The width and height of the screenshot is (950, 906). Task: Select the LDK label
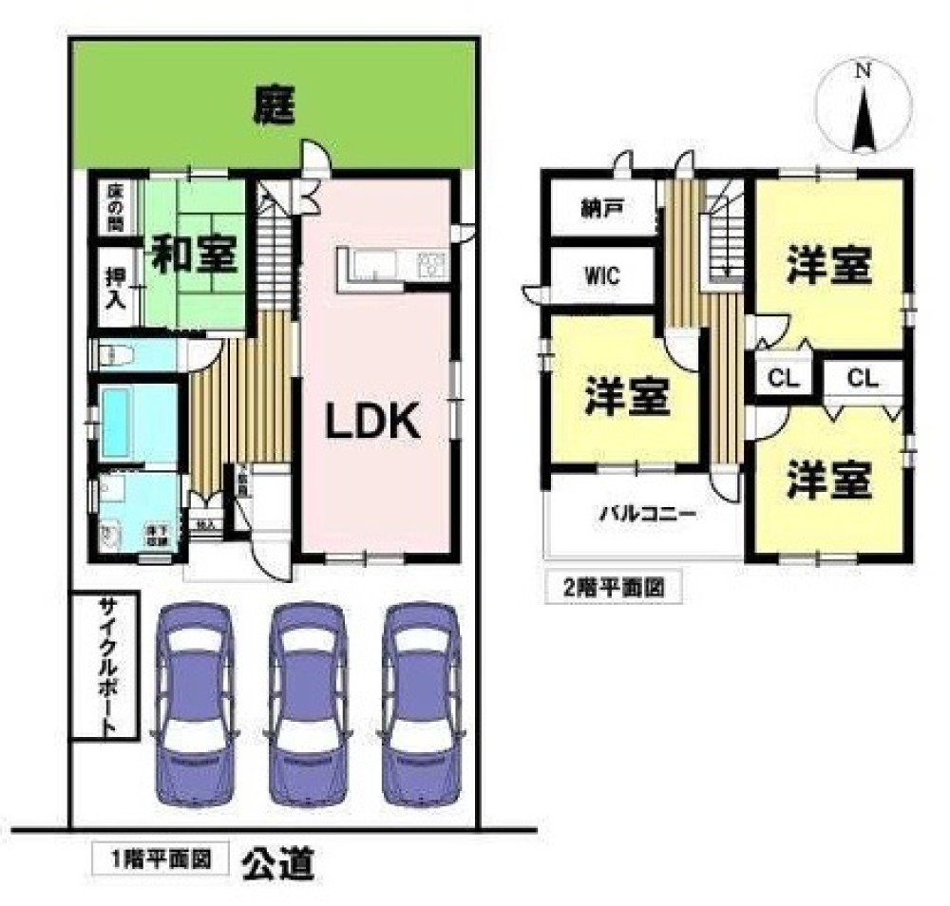point(373,421)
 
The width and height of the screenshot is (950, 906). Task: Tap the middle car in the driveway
point(304,703)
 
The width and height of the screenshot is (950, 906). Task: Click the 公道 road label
point(276,863)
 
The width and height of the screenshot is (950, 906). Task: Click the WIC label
point(601,276)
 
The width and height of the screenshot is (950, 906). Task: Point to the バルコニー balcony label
point(647,516)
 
